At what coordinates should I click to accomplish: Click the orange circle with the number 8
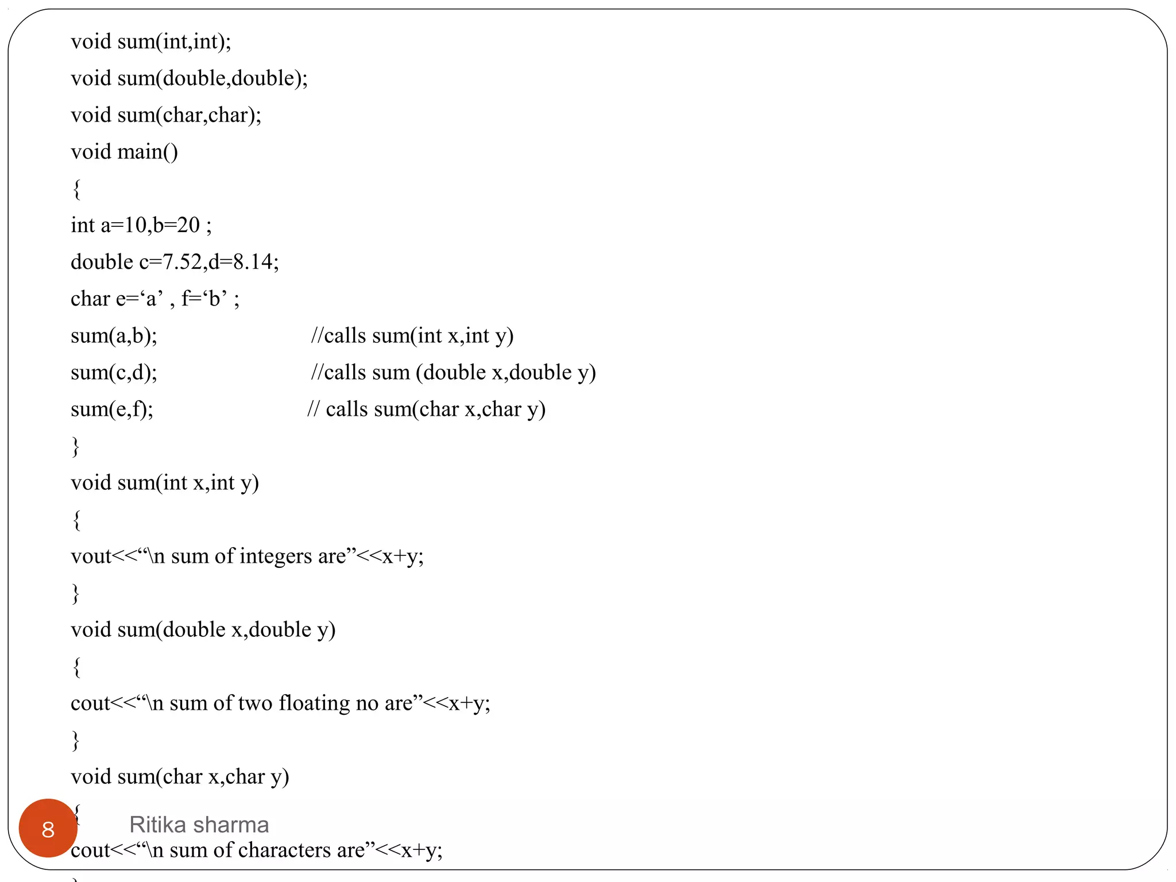point(48,828)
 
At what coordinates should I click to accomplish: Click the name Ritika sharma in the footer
point(199,825)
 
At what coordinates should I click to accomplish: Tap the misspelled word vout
point(90,556)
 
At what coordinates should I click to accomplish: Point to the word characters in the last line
point(284,850)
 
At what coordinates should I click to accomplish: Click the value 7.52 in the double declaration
point(182,262)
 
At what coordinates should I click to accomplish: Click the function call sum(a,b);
point(114,335)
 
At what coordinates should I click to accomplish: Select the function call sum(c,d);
point(114,372)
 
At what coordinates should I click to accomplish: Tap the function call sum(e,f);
point(112,409)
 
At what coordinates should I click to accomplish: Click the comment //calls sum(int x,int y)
point(412,335)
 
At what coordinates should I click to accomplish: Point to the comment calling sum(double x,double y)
point(453,372)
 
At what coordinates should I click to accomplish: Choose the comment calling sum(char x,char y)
point(426,409)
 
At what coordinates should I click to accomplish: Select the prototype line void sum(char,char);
point(166,115)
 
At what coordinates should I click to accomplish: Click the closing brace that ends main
point(75,446)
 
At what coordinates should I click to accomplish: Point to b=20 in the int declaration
point(176,225)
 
